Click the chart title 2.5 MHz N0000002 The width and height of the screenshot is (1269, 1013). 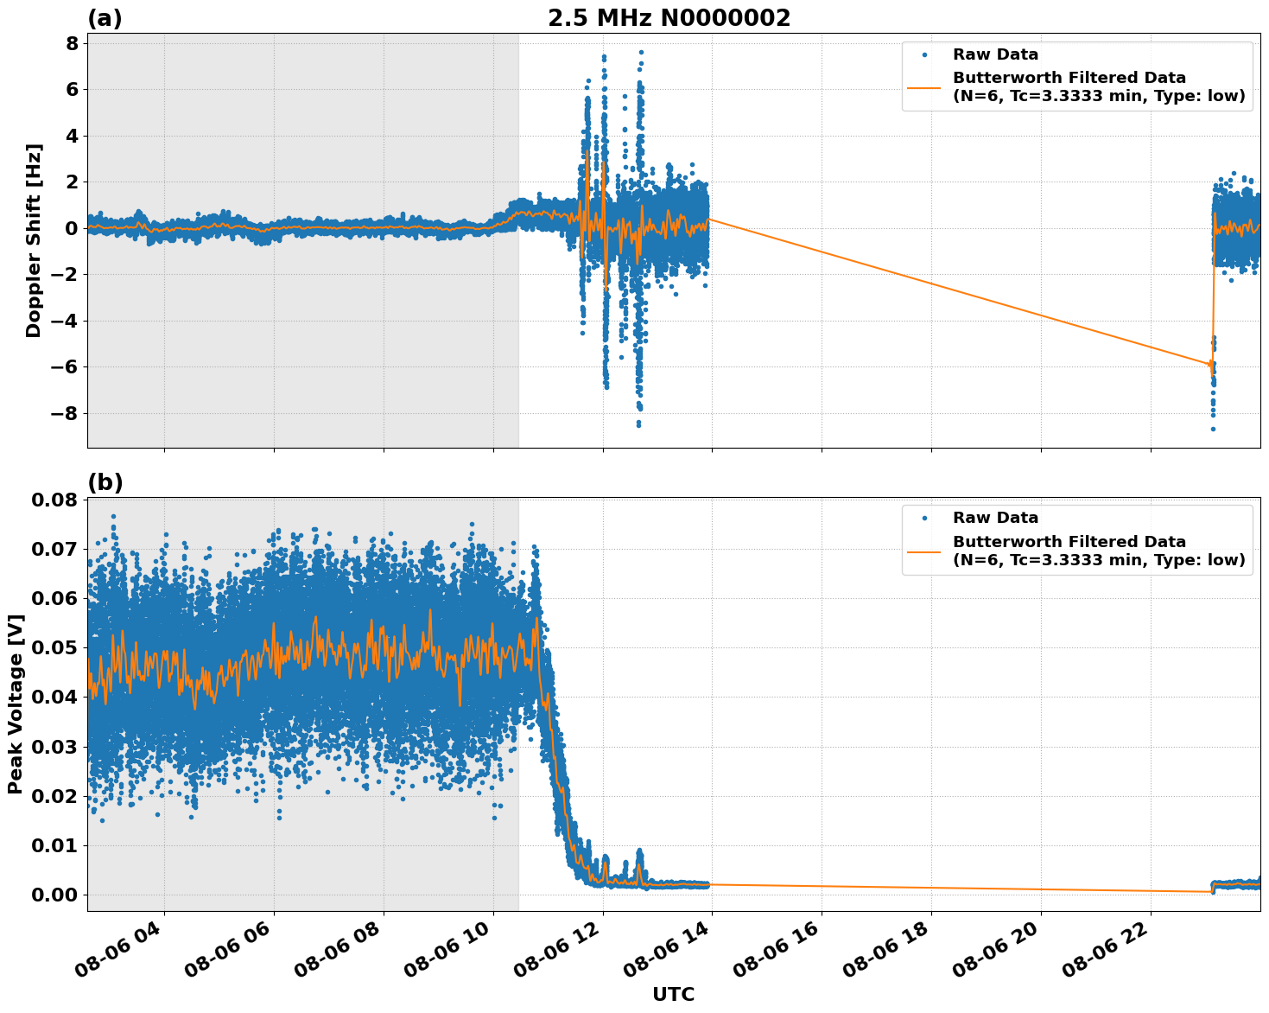tap(669, 18)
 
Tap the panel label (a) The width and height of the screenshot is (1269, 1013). tap(105, 18)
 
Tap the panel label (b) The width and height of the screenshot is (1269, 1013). tap(105, 482)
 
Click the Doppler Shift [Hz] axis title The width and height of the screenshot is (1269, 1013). tap(34, 240)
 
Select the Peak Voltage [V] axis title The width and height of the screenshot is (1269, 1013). tap(16, 704)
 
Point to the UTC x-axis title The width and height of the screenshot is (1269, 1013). tap(673, 994)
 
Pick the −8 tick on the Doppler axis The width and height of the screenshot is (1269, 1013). tap(60, 413)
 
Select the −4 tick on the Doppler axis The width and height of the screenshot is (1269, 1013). tap(60, 321)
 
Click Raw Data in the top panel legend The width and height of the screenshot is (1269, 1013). tap(995, 54)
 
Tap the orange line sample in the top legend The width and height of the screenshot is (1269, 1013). tap(924, 86)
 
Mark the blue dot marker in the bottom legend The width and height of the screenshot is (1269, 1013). tap(924, 518)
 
